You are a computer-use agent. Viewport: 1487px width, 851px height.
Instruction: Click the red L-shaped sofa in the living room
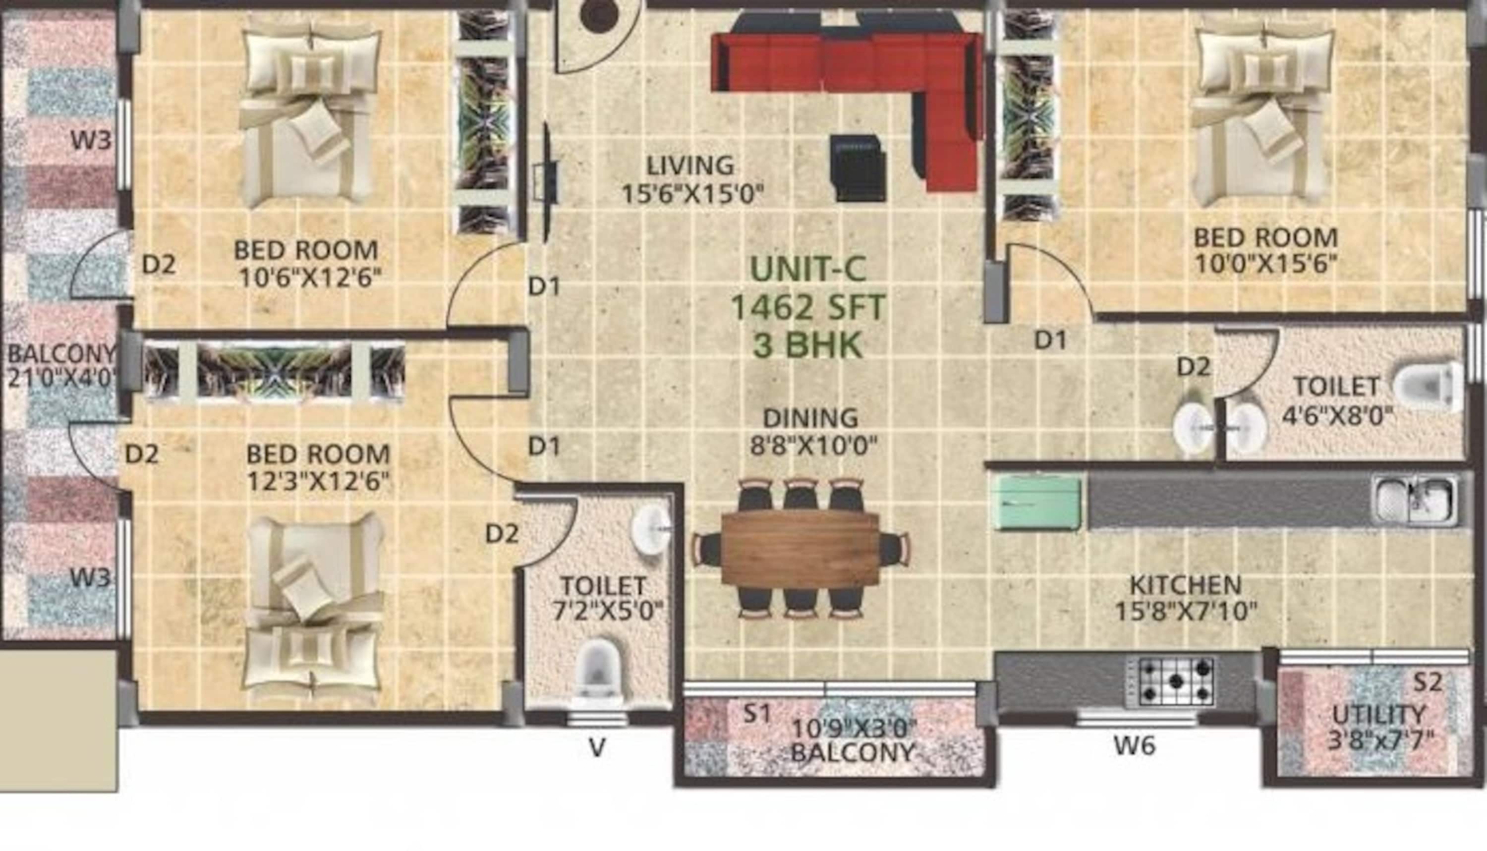click(848, 64)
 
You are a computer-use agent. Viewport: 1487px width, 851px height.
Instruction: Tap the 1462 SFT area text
click(808, 307)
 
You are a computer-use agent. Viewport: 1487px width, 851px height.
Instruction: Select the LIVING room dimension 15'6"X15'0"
click(692, 195)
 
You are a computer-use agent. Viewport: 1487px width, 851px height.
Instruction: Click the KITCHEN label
click(1186, 584)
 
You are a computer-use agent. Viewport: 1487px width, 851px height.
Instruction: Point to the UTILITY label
click(1379, 715)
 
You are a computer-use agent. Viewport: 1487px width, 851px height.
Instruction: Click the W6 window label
click(1134, 746)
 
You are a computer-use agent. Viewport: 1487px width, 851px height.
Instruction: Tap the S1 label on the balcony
click(757, 713)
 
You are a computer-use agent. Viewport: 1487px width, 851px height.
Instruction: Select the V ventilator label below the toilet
click(597, 747)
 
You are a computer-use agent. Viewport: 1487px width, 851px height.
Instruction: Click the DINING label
click(811, 418)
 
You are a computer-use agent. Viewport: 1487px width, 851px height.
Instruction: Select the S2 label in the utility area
click(1428, 681)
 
